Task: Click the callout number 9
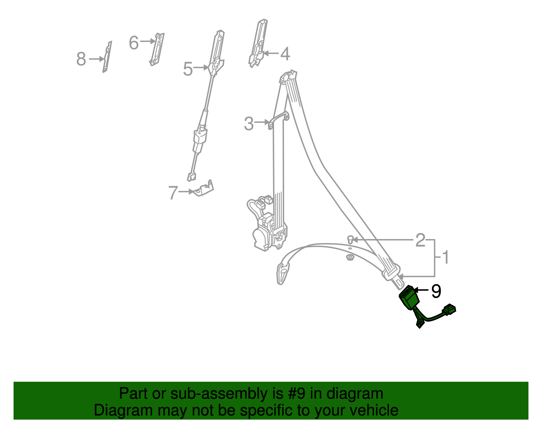point(436,291)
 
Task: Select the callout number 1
point(446,257)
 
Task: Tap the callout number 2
point(420,240)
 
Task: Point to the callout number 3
point(249,124)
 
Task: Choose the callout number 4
point(285,54)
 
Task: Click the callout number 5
point(188,69)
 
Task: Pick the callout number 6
point(134,43)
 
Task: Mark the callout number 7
point(173,193)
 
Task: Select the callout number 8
point(81,59)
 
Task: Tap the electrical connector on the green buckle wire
point(449,310)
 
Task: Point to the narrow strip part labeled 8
point(107,57)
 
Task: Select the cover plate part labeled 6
point(157,49)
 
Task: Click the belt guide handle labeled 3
point(278,120)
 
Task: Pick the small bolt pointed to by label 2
point(350,240)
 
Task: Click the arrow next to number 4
point(271,53)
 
